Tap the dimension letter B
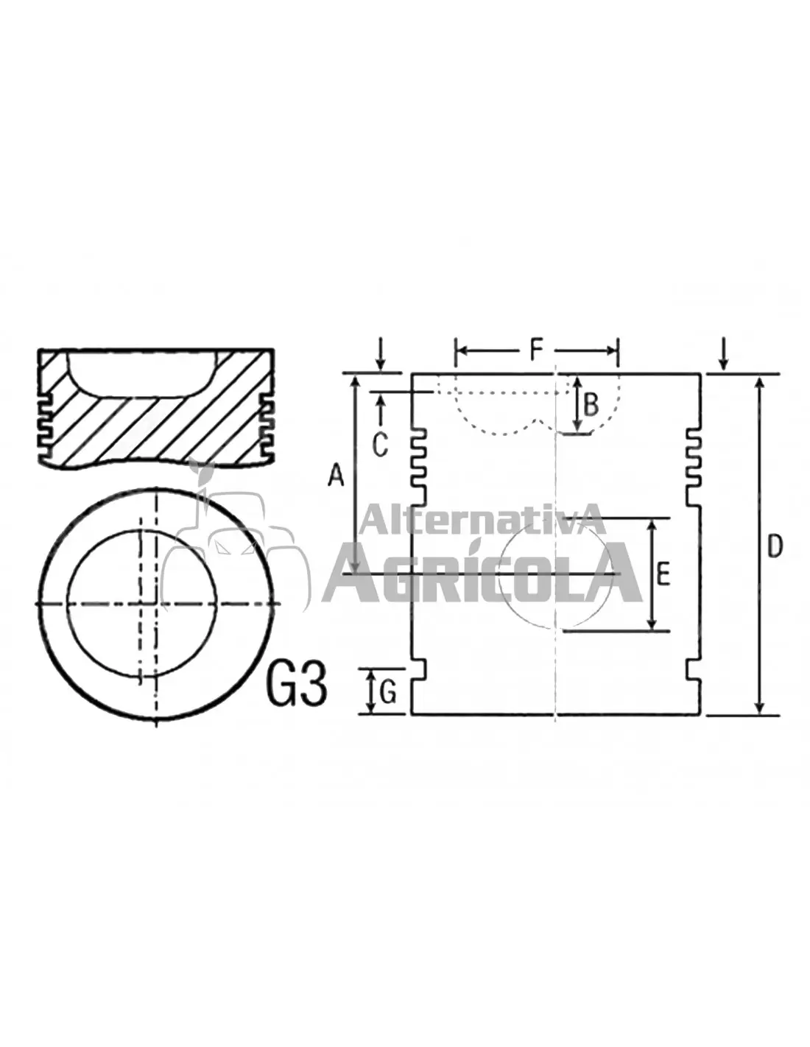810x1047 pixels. (x=591, y=405)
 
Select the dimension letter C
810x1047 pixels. (x=380, y=445)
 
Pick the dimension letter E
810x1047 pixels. (x=663, y=574)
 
